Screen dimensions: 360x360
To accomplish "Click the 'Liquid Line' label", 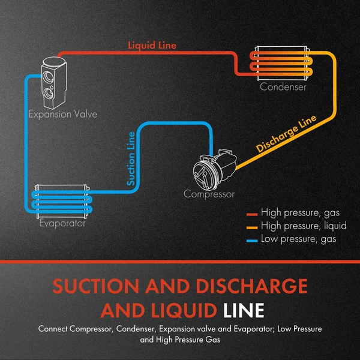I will click(x=152, y=45).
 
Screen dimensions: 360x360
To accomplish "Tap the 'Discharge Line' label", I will click(x=286, y=135).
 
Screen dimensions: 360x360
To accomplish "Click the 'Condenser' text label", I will click(x=283, y=87).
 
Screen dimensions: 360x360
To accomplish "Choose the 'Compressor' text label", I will click(x=209, y=194).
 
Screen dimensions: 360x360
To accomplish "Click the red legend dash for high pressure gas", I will click(x=252, y=214).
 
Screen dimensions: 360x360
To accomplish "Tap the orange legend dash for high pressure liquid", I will click(x=252, y=227).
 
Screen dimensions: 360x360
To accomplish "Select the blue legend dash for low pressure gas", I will click(x=252, y=240).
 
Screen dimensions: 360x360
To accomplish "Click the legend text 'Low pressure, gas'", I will click(x=298, y=239).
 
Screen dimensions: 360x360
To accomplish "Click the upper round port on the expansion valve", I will click(x=50, y=76).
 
